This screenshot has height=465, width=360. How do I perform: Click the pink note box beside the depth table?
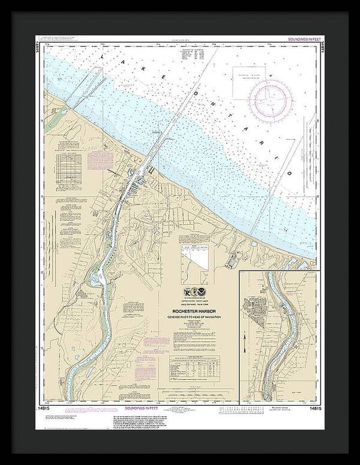[x=93, y=159]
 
